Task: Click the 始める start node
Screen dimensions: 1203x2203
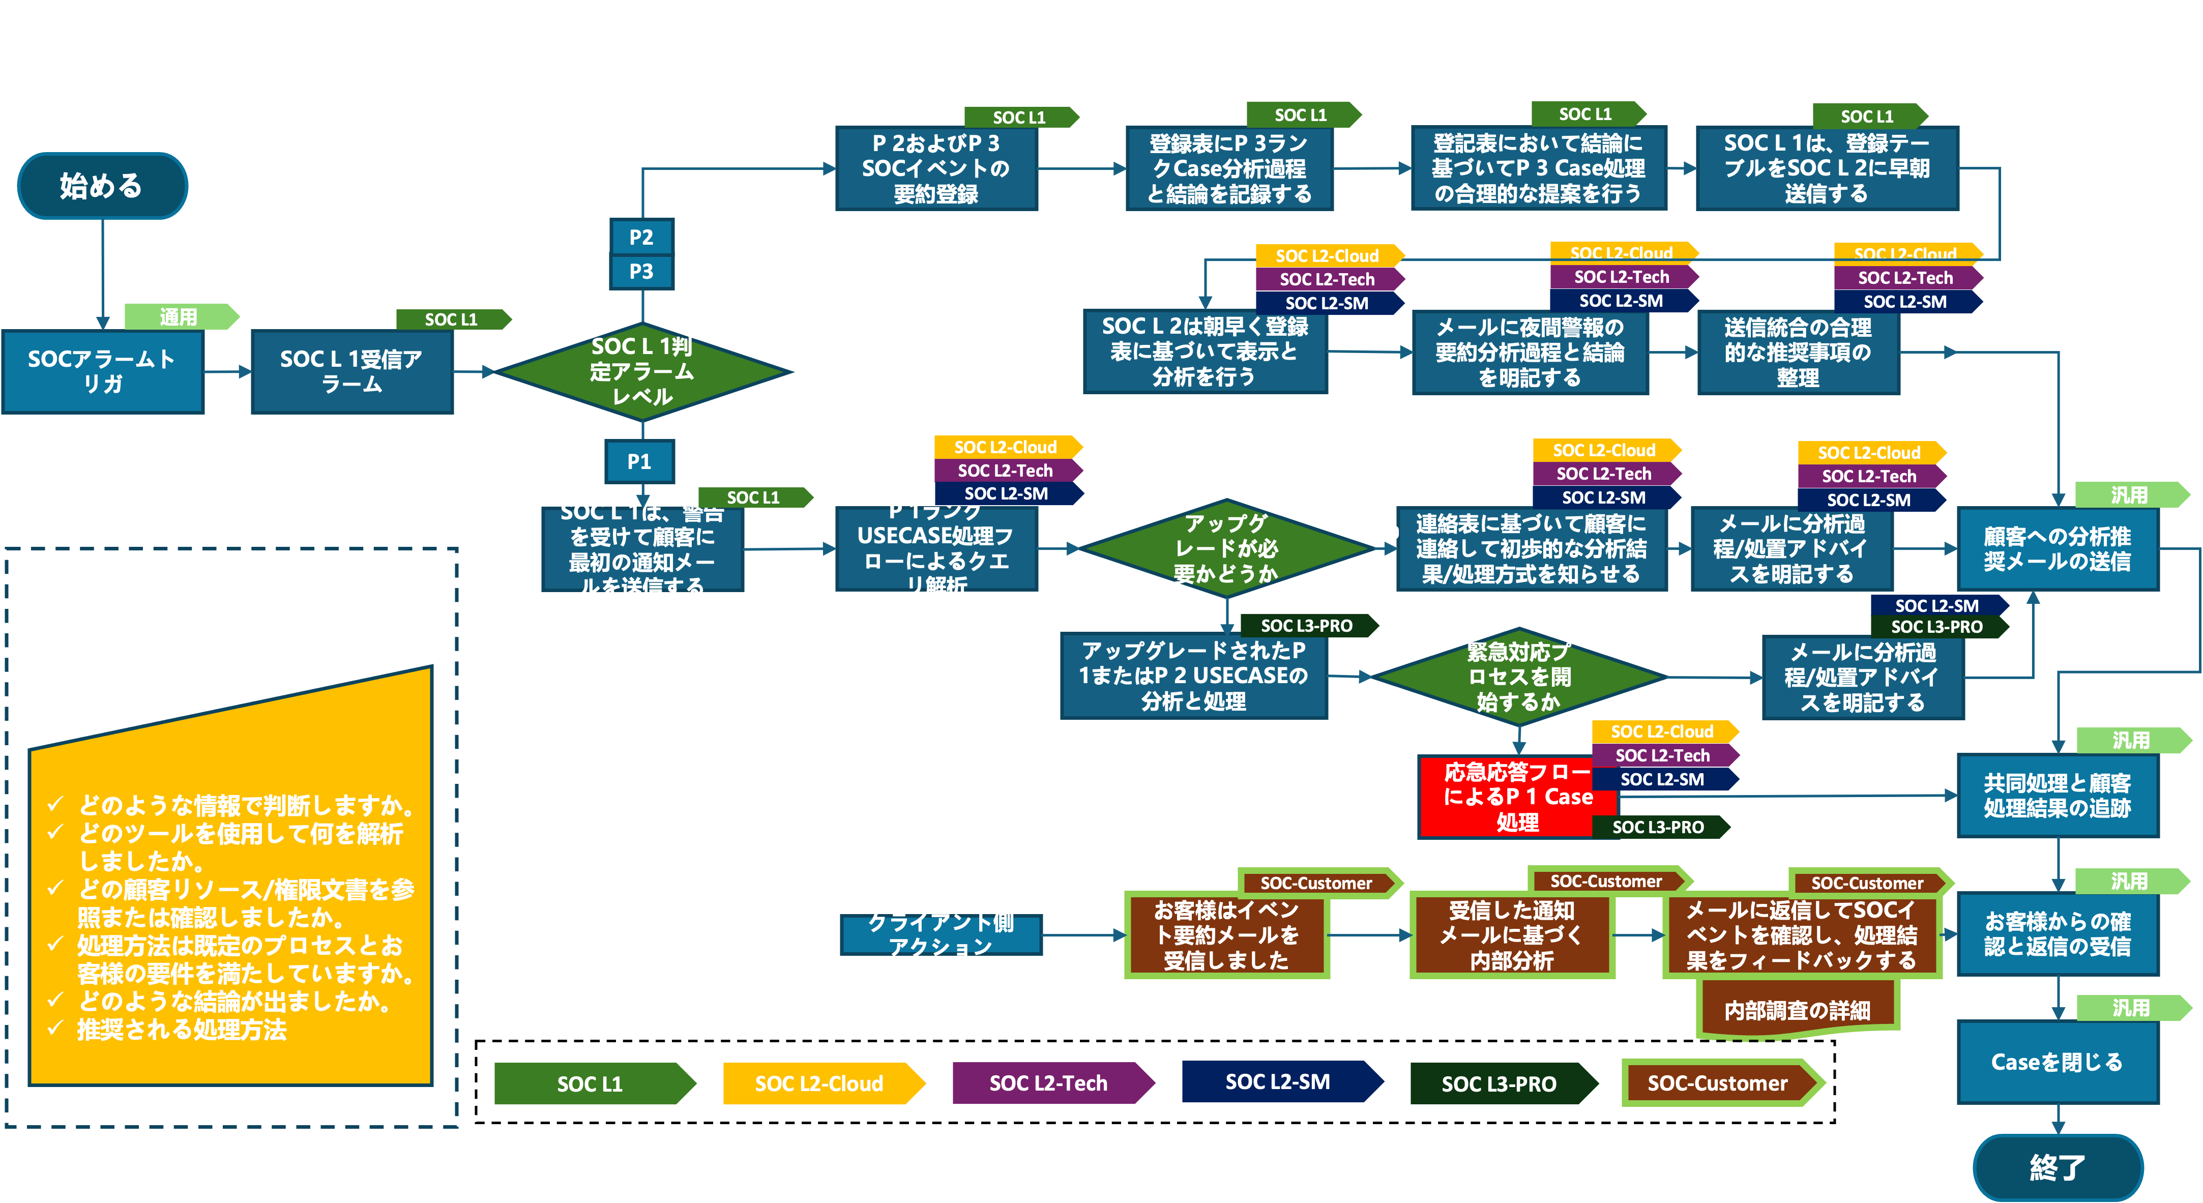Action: tap(102, 186)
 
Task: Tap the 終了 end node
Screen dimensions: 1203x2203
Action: tap(2057, 1166)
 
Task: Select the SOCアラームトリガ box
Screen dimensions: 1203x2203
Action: tap(103, 372)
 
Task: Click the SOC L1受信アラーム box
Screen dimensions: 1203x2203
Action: tap(351, 372)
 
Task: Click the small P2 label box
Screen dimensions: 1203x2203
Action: tap(641, 237)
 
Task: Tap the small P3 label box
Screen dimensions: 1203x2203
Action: tap(641, 272)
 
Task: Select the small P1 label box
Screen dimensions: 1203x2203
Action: tap(640, 462)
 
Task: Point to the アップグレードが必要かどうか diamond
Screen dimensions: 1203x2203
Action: tap(1225, 548)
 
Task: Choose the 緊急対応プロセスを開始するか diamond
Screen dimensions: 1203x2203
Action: tap(1519, 677)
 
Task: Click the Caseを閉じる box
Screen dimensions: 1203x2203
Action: tap(2057, 1062)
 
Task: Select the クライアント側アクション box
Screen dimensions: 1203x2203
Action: tap(941, 934)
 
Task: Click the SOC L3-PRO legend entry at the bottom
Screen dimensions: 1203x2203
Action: tap(1499, 1083)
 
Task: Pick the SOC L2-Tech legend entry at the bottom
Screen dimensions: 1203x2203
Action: tap(1048, 1083)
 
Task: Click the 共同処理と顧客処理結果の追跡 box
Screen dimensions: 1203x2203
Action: tap(2057, 795)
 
